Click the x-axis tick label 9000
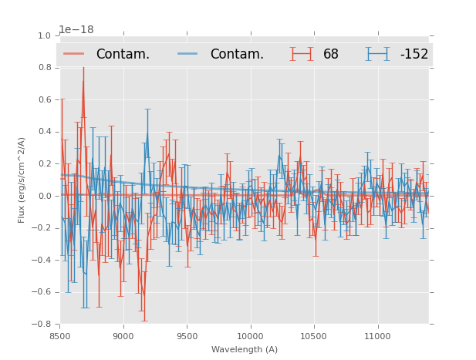[123, 336]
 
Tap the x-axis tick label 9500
[187, 336]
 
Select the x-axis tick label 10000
[250, 336]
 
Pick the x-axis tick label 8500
[60, 336]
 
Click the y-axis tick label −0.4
[42, 260]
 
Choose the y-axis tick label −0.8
[42, 324]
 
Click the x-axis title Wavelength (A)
[245, 349]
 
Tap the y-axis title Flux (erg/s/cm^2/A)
[22, 180]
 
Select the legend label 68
[331, 54]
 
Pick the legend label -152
[414, 54]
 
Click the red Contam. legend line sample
[75, 54]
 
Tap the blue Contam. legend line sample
[189, 54]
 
